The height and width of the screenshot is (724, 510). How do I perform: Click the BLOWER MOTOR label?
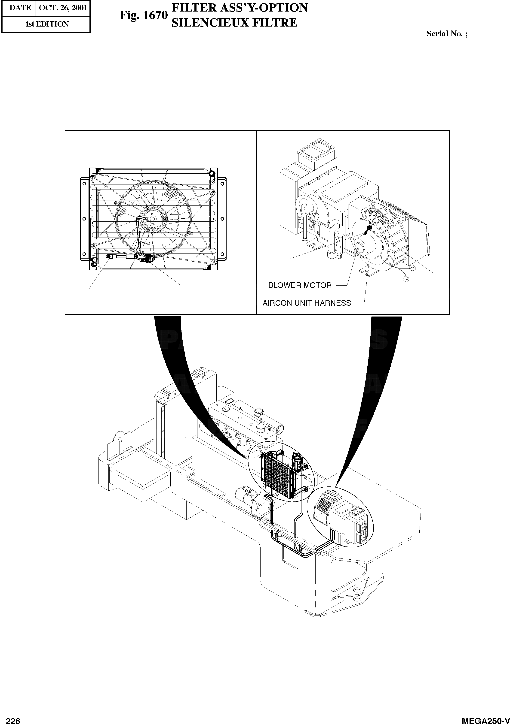pos(300,285)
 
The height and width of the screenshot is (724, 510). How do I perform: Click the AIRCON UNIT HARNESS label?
pos(307,303)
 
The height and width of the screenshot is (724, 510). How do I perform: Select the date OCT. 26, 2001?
pos(63,8)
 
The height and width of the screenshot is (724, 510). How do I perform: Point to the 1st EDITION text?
pos(46,24)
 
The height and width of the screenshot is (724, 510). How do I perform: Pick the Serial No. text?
pos(446,34)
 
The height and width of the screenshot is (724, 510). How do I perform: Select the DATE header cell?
pos(20,8)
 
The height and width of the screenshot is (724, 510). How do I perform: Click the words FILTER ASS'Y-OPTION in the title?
pos(239,8)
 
